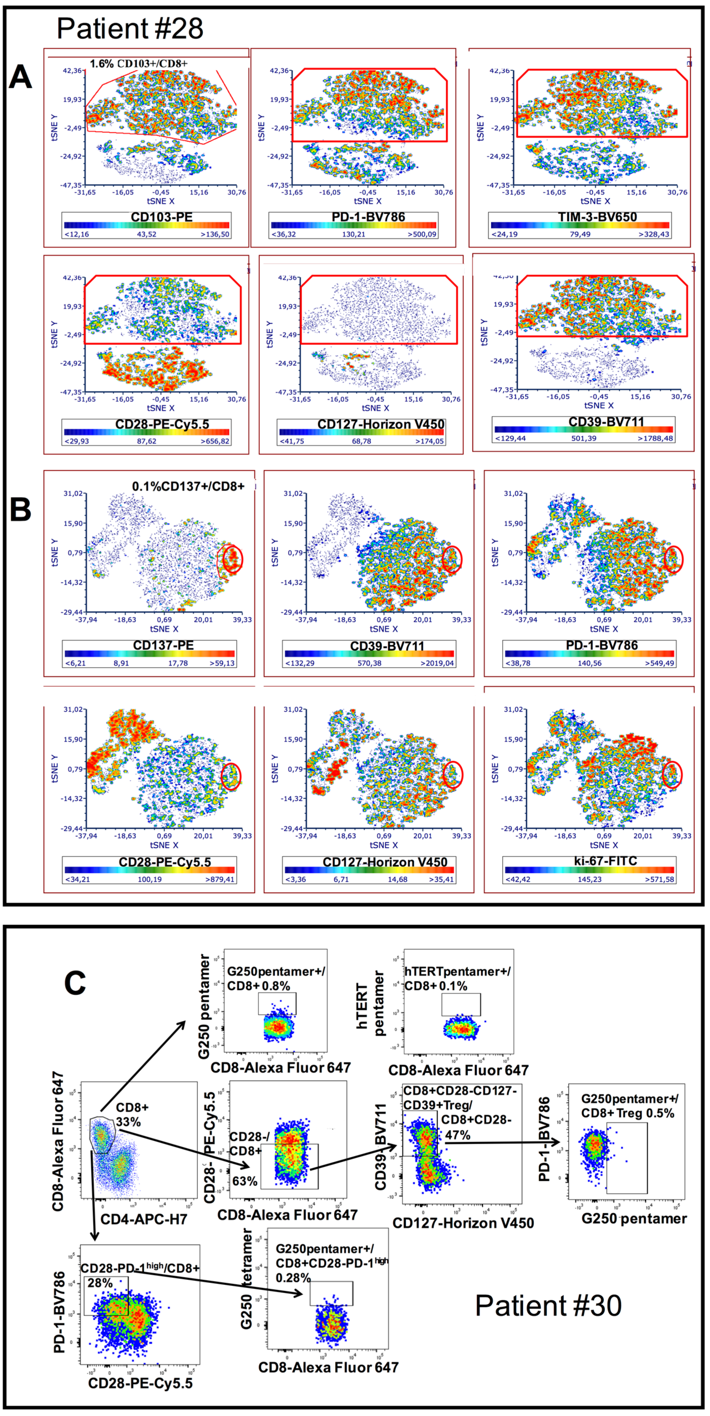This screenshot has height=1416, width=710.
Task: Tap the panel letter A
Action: tap(20, 77)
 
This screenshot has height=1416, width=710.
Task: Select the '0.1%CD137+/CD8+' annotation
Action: tap(188, 486)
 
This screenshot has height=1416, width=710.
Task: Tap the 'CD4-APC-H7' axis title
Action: tap(144, 1219)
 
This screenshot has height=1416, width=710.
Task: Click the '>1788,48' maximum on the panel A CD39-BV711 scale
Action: tap(656, 438)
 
